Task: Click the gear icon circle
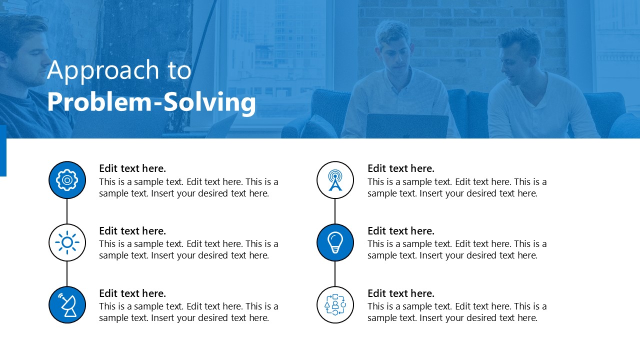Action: tap(67, 180)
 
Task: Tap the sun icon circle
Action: tap(67, 242)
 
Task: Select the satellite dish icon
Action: tap(67, 305)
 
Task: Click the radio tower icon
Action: tap(335, 180)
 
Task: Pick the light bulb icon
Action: tap(335, 242)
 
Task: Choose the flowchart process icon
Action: tap(335, 305)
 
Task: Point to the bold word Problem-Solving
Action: tap(151, 102)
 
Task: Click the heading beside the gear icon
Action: tap(132, 168)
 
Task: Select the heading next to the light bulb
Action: tap(401, 231)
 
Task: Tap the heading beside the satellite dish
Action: tap(132, 293)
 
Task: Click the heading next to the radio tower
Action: tap(401, 168)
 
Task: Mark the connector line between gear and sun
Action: tap(67, 211)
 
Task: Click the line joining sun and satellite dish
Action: tap(67, 273)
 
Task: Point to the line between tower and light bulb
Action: tap(335, 211)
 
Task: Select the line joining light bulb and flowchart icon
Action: tap(335, 273)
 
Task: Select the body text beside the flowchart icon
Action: tap(457, 312)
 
